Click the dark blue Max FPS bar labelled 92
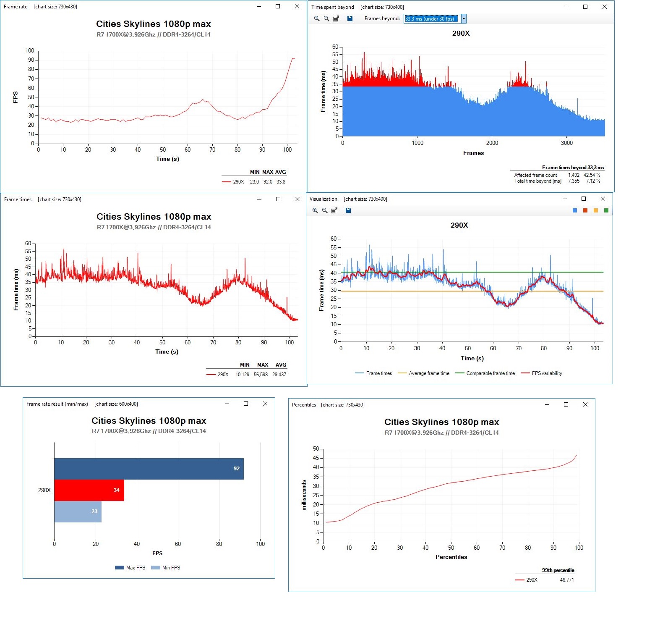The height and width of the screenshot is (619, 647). (149, 469)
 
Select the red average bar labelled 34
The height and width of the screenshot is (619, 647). (89, 490)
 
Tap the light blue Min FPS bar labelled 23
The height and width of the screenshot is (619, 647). (78, 511)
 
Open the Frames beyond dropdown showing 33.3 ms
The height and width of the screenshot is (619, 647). (463, 18)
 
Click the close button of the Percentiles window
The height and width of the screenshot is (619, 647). (585, 404)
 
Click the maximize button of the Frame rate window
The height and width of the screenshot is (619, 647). (278, 6)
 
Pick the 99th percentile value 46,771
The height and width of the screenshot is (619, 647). (566, 580)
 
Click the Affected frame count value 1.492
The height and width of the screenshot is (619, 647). (574, 175)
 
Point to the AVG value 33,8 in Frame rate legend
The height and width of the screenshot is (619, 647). (281, 182)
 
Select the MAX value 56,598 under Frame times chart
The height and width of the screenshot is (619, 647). (261, 375)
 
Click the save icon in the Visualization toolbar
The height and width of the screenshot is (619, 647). (348, 210)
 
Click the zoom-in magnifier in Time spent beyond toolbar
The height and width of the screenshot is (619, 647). (317, 18)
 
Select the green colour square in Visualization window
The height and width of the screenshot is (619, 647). (606, 210)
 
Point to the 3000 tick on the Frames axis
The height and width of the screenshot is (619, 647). (566, 143)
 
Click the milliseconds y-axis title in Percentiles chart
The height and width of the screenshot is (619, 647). (304, 495)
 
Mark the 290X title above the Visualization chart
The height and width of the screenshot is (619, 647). (459, 226)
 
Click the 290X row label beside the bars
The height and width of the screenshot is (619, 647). (44, 490)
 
